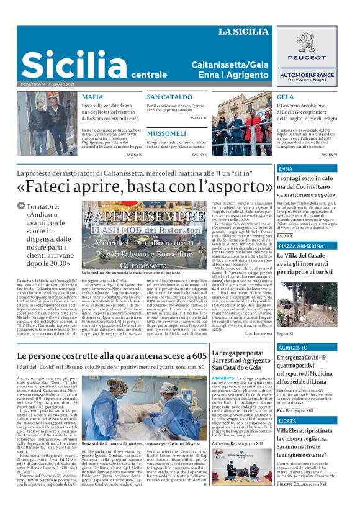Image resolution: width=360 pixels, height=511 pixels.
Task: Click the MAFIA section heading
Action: tap(92, 97)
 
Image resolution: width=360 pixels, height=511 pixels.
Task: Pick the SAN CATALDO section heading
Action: tap(169, 97)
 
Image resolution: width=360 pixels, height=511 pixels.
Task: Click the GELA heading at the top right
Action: tap(285, 97)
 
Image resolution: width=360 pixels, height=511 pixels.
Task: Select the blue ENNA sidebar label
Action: tap(286, 168)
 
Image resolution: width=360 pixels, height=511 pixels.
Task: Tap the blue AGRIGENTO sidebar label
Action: tap(293, 348)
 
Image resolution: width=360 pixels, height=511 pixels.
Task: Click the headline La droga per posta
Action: tap(242, 353)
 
